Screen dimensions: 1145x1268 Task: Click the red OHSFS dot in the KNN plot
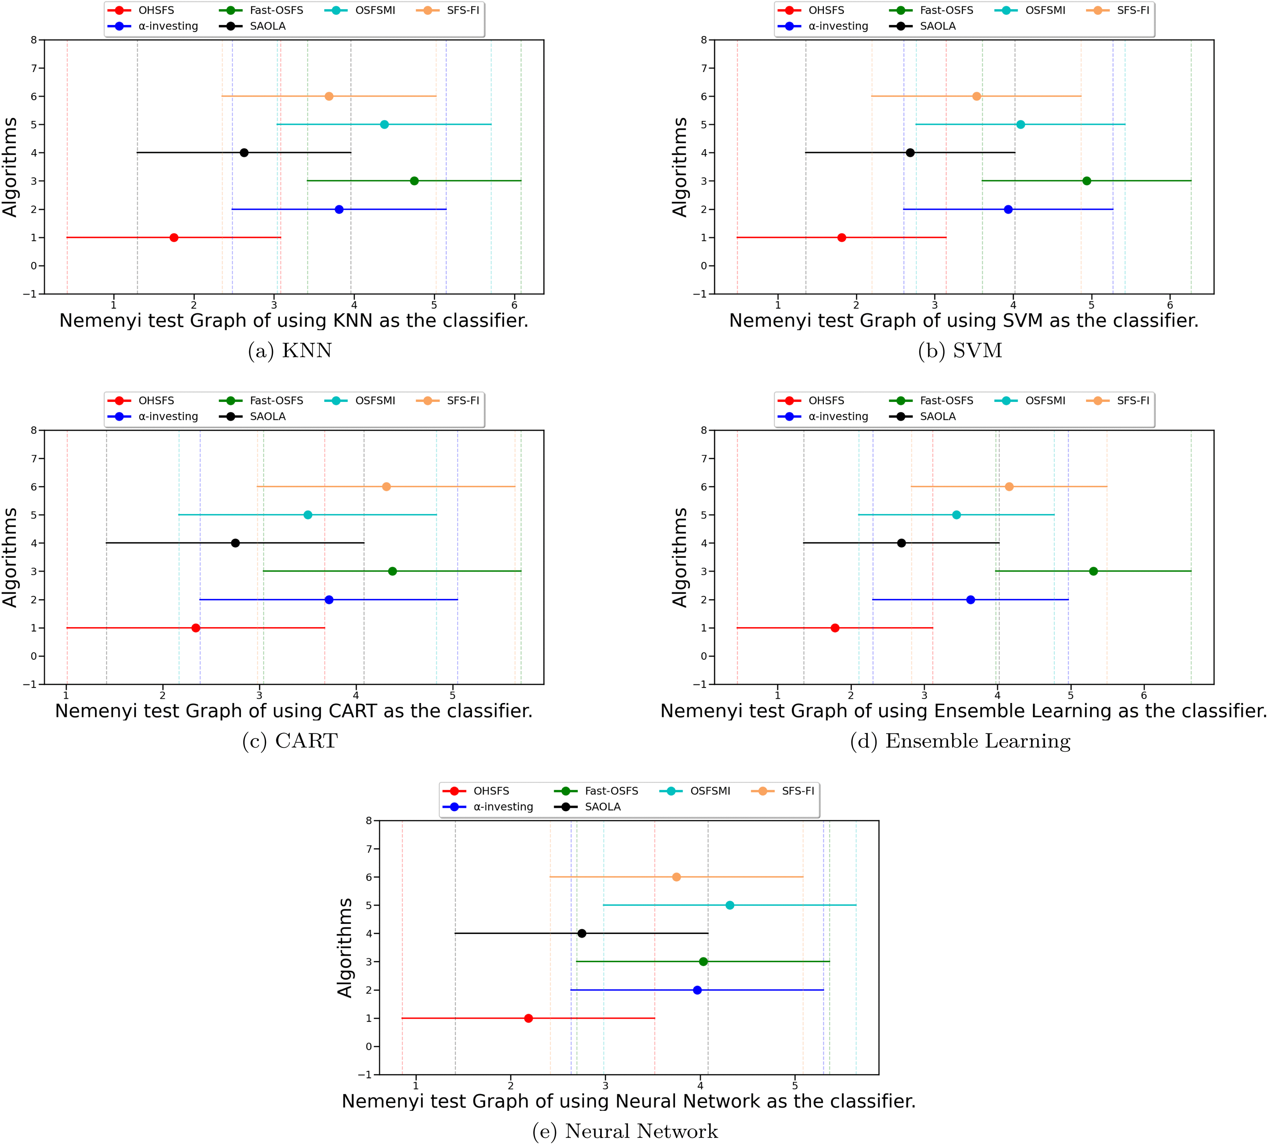click(174, 238)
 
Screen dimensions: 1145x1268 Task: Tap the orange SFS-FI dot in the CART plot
click(386, 487)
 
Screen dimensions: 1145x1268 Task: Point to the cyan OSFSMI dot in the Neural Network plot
click(730, 905)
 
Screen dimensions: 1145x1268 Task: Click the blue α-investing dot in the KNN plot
click(339, 210)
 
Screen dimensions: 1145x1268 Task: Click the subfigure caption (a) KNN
click(290, 351)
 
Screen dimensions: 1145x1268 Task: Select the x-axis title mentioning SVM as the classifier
click(964, 321)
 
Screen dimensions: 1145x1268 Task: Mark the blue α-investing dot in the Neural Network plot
click(697, 990)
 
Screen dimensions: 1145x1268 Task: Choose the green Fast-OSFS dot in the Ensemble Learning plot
click(1093, 571)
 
